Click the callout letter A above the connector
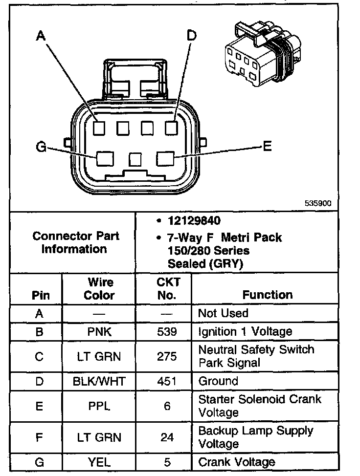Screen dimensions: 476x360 pyautogui.click(x=41, y=35)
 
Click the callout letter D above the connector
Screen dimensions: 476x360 pyautogui.click(x=192, y=35)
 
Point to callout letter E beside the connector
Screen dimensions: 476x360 pyautogui.click(x=267, y=147)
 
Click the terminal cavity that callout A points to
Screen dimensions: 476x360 pyautogui.click(x=99, y=128)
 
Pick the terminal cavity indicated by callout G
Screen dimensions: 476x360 pyautogui.click(x=105, y=159)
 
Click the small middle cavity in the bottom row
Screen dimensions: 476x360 pyautogui.click(x=135, y=159)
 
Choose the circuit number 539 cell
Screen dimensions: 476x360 pyautogui.click(x=166, y=331)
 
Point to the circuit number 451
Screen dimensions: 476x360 pyautogui.click(x=166, y=381)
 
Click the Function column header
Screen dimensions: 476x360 pyautogui.click(x=267, y=295)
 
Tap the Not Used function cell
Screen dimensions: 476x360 pyautogui.click(x=223, y=313)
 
